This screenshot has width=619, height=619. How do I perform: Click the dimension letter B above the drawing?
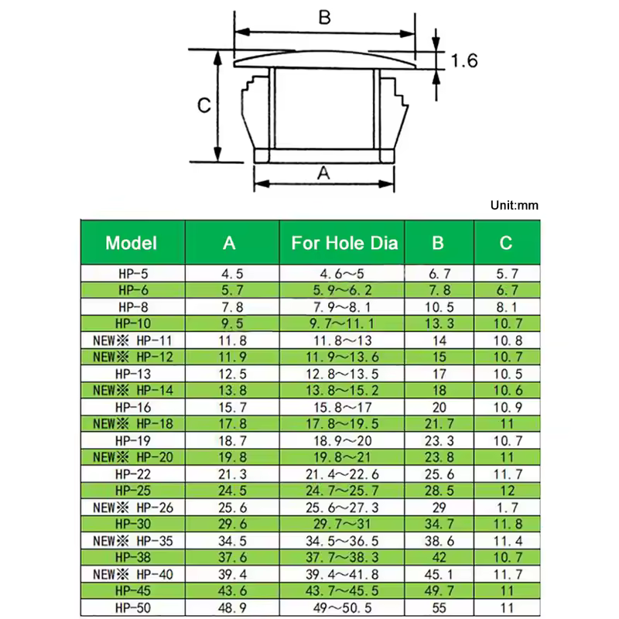click(x=324, y=17)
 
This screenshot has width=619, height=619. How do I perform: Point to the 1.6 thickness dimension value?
click(x=464, y=61)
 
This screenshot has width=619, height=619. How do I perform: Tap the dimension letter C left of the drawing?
click(x=204, y=105)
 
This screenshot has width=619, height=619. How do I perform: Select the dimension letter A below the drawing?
click(x=323, y=173)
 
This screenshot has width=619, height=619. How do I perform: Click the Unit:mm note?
click(x=515, y=205)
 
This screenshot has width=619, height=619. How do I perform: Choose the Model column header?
click(x=131, y=243)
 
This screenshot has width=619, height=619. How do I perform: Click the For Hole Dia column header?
click(x=344, y=243)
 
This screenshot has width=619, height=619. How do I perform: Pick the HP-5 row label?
click(x=133, y=274)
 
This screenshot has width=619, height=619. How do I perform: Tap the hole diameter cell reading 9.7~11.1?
click(x=342, y=323)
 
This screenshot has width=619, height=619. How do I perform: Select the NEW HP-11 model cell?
click(x=133, y=340)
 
